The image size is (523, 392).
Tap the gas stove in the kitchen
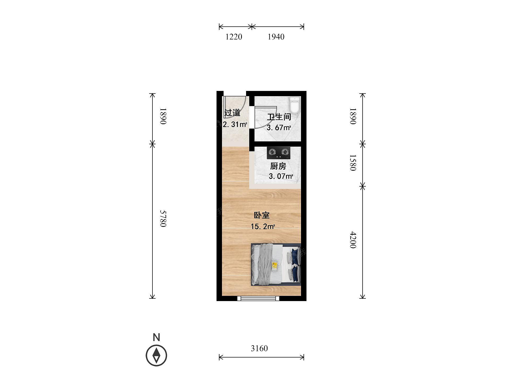[x=279, y=153]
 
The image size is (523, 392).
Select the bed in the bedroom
[x=276, y=264]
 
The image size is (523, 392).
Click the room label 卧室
[x=262, y=215]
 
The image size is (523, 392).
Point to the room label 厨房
[x=278, y=166]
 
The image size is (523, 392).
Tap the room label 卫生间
[x=279, y=117]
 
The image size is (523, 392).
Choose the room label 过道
[x=232, y=113]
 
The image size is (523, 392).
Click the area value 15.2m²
[x=263, y=226]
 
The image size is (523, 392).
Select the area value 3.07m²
[x=281, y=176]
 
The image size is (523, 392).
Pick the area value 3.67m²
[x=279, y=128]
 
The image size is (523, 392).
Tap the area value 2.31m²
[x=235, y=124]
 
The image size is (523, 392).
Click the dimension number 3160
[x=259, y=348]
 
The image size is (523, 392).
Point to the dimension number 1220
[x=234, y=37]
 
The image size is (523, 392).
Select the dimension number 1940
[x=276, y=37]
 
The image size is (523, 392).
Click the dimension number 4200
[x=353, y=240]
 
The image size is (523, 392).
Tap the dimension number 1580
[x=353, y=163]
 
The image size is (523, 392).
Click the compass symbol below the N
[x=156, y=355]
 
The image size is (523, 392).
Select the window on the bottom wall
[x=258, y=298]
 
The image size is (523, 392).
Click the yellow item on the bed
[x=275, y=266]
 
